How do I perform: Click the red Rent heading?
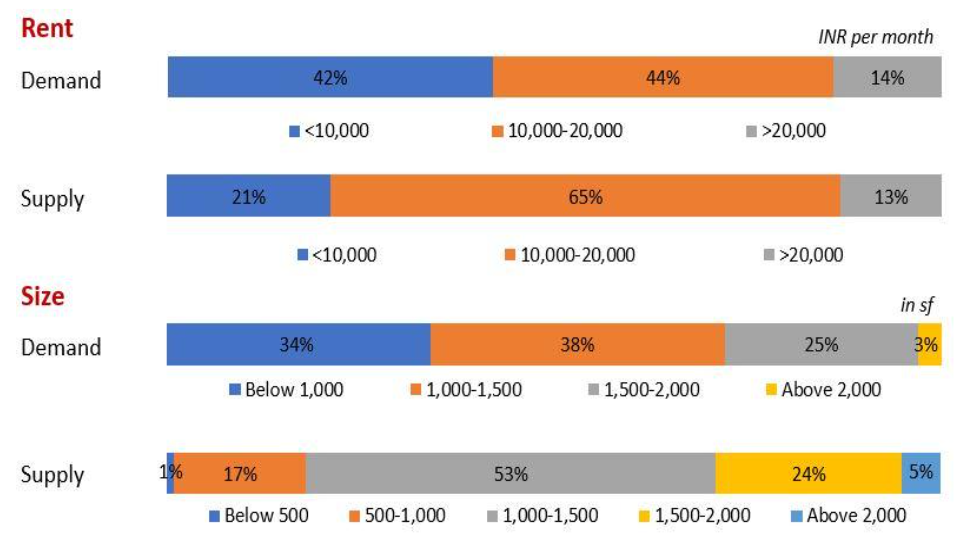(x=48, y=28)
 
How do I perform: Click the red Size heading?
(x=43, y=297)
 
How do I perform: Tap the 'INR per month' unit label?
(x=876, y=38)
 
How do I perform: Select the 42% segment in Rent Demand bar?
(x=329, y=77)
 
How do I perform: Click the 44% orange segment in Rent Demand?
(x=662, y=77)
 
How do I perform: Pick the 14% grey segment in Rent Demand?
(x=887, y=77)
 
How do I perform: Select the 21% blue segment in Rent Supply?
(x=248, y=197)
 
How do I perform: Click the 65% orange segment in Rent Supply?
(x=585, y=197)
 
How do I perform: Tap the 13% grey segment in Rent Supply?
(x=890, y=197)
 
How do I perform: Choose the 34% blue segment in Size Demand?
(x=298, y=345)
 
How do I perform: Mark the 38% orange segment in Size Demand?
(x=577, y=345)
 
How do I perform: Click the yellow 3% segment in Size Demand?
(x=929, y=345)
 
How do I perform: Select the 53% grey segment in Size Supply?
(x=510, y=473)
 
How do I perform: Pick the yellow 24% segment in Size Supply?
(x=808, y=473)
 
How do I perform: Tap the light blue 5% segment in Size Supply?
(x=921, y=473)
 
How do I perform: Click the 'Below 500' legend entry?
(x=258, y=516)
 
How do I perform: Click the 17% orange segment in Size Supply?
(x=239, y=473)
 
